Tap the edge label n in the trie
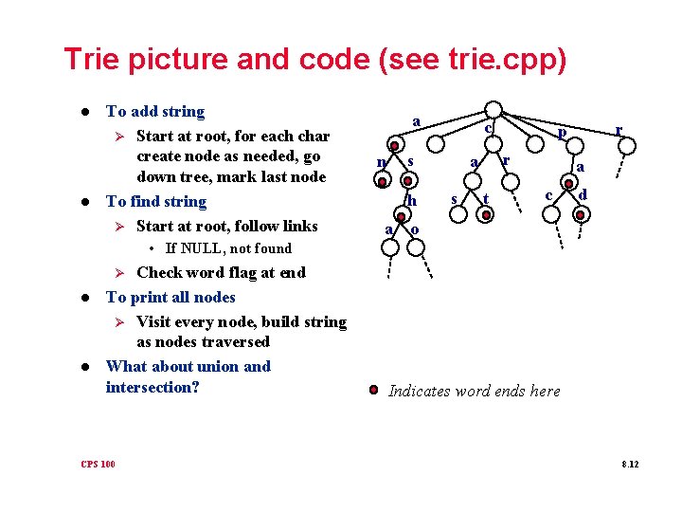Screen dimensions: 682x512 coord(380,162)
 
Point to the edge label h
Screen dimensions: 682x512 coord(412,200)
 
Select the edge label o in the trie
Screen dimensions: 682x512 coord(414,230)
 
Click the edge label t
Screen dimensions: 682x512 coord(486,199)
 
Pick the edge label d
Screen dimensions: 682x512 coord(583,194)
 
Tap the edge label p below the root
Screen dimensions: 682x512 coord(562,135)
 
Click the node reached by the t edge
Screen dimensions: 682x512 coord(486,215)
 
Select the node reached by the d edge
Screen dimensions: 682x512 coord(580,214)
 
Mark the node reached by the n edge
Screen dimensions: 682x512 coord(382,180)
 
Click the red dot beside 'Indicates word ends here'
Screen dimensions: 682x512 coord(374,390)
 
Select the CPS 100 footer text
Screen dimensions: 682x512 coord(99,464)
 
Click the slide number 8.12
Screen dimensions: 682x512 coord(630,464)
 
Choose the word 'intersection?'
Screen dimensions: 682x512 coord(153,387)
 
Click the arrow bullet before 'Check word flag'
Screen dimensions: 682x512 coord(119,273)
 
